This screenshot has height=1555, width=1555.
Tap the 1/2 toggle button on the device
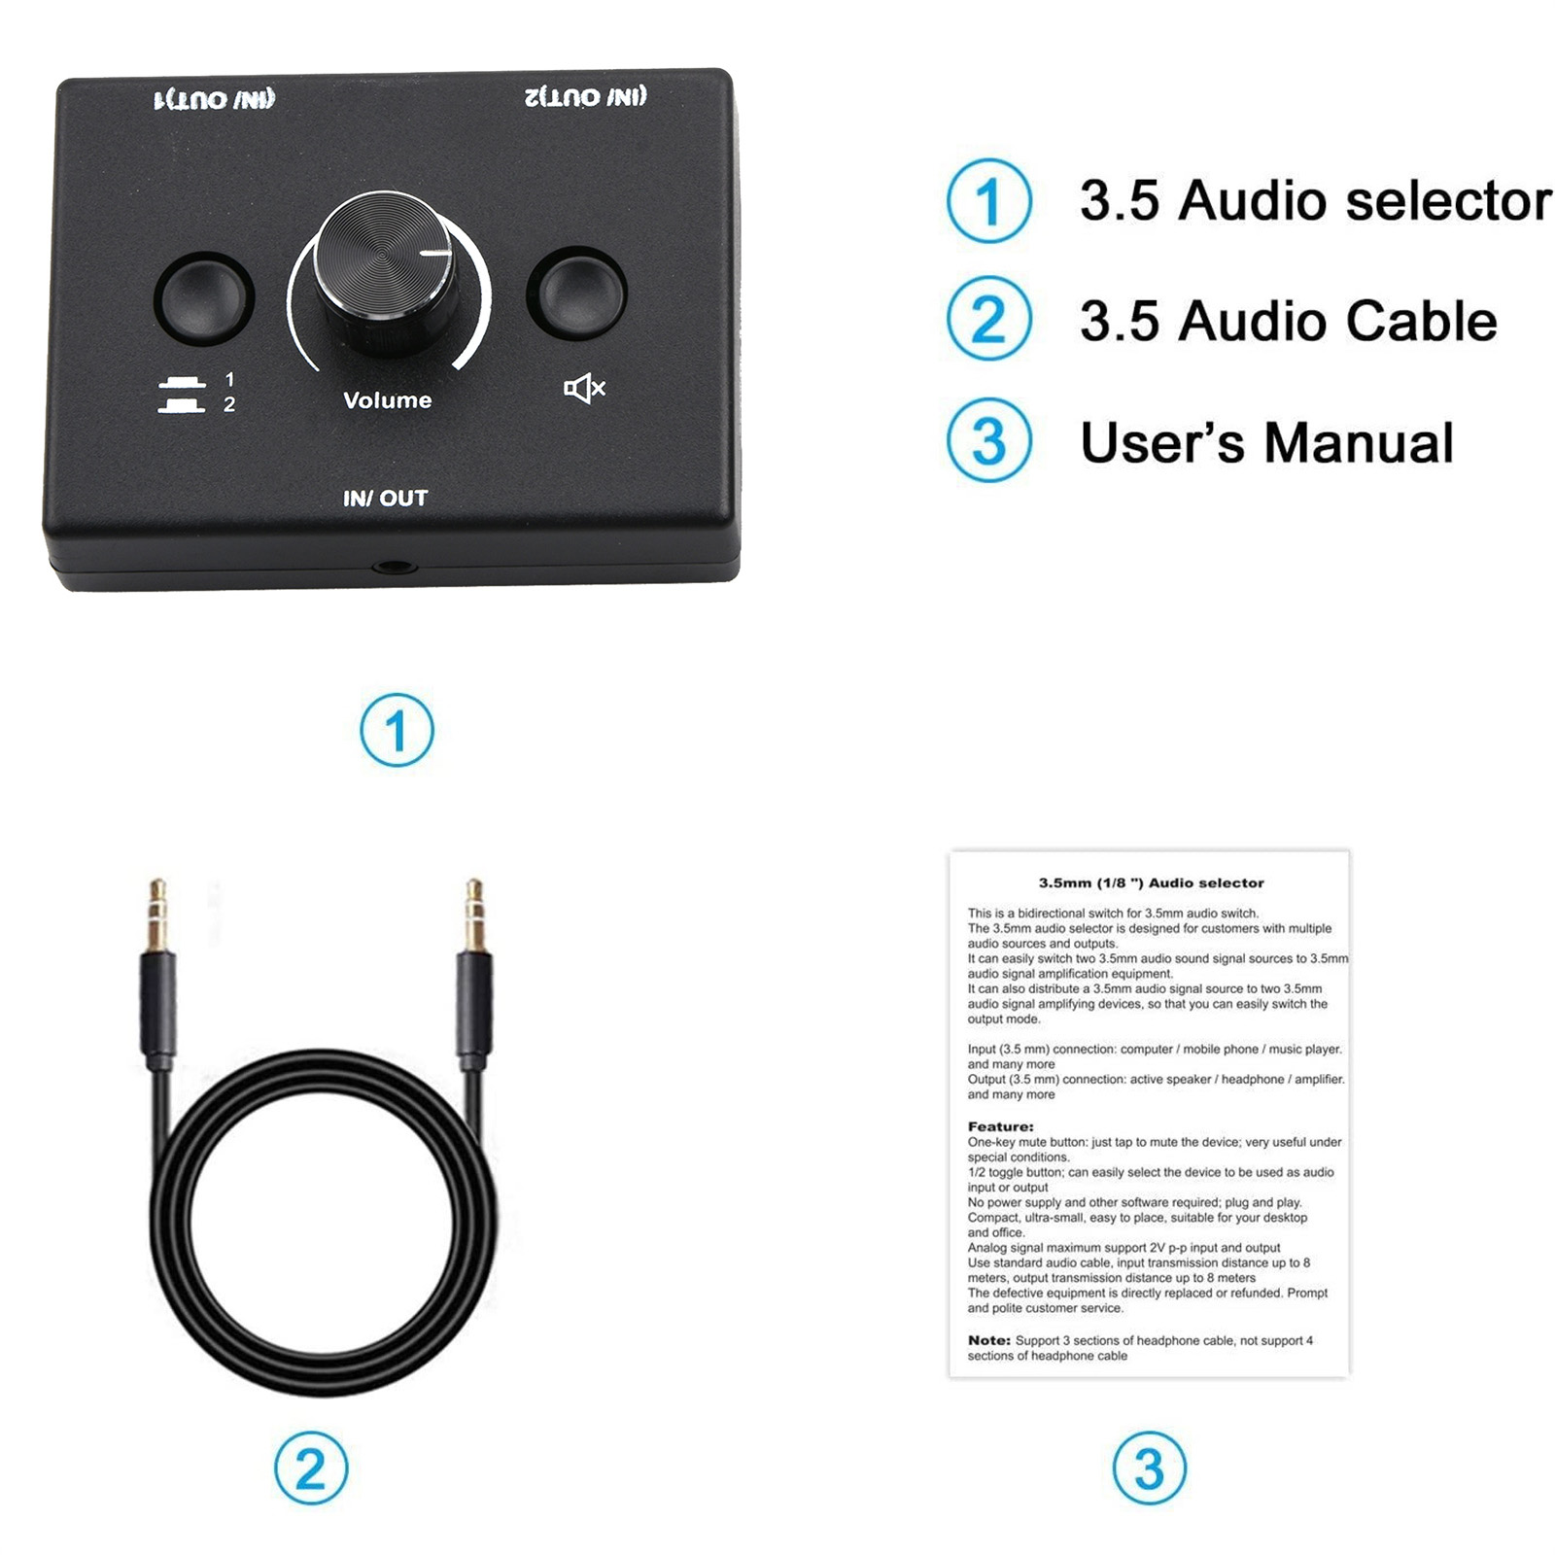[204, 296]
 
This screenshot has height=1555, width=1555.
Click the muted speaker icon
[584, 389]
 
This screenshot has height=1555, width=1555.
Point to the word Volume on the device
[388, 400]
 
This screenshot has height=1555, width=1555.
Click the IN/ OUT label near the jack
[386, 499]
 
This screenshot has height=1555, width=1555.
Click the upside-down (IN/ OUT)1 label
[215, 99]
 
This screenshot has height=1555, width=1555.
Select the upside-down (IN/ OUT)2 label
[586, 96]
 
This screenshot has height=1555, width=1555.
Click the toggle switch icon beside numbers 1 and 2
[181, 395]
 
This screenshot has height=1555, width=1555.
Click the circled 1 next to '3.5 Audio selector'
[989, 200]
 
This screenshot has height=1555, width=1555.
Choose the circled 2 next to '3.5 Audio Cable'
[989, 320]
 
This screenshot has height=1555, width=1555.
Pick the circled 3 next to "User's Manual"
[989, 440]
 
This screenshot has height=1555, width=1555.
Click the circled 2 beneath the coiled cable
[311, 1468]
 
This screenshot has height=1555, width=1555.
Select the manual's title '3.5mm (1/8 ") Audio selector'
[1151, 883]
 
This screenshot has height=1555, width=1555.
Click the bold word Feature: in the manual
[1000, 1126]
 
